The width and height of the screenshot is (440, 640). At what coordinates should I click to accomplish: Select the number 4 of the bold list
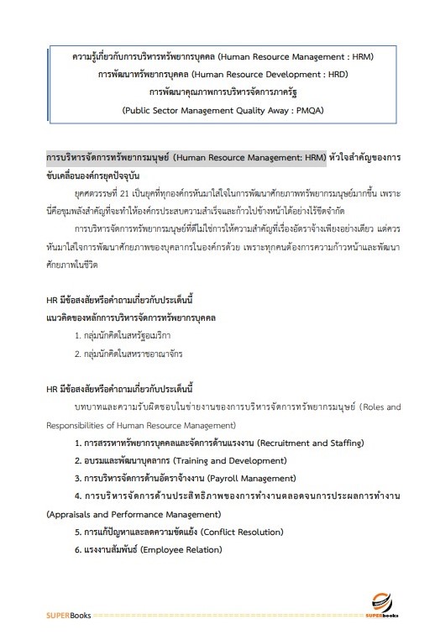click(77, 496)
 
